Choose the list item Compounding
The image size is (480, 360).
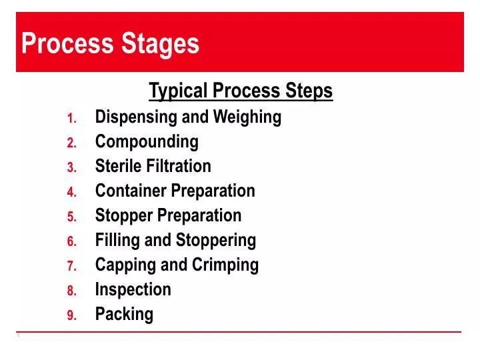(x=147, y=142)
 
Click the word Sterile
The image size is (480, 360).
(x=117, y=166)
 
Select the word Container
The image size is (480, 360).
(x=131, y=191)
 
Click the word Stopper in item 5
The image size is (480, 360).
(x=124, y=215)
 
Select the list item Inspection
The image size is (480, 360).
(x=133, y=289)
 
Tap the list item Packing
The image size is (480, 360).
(x=124, y=314)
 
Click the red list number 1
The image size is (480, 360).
(x=73, y=119)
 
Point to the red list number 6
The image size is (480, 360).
(x=73, y=242)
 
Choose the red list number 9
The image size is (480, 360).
(x=73, y=316)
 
